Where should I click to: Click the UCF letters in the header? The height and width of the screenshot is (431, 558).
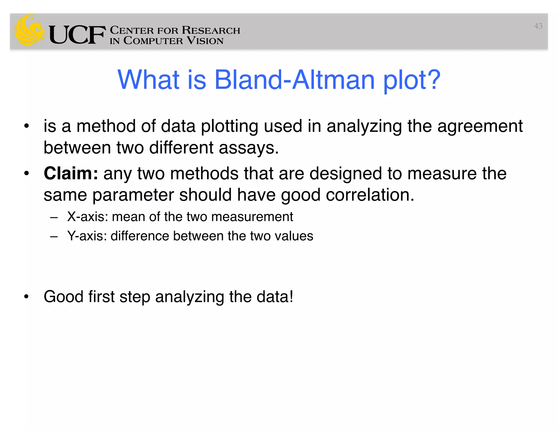coord(77,35)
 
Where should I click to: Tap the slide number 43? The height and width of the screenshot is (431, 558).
coord(538,26)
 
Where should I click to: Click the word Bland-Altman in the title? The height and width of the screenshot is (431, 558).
coord(295,80)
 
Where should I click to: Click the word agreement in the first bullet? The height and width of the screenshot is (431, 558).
coord(480,126)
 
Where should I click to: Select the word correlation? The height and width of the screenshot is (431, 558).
coord(370,195)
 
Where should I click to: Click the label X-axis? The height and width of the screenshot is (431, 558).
coord(88,217)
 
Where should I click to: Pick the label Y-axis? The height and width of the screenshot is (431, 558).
coord(87,236)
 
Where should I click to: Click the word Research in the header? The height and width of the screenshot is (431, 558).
coord(211,30)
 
